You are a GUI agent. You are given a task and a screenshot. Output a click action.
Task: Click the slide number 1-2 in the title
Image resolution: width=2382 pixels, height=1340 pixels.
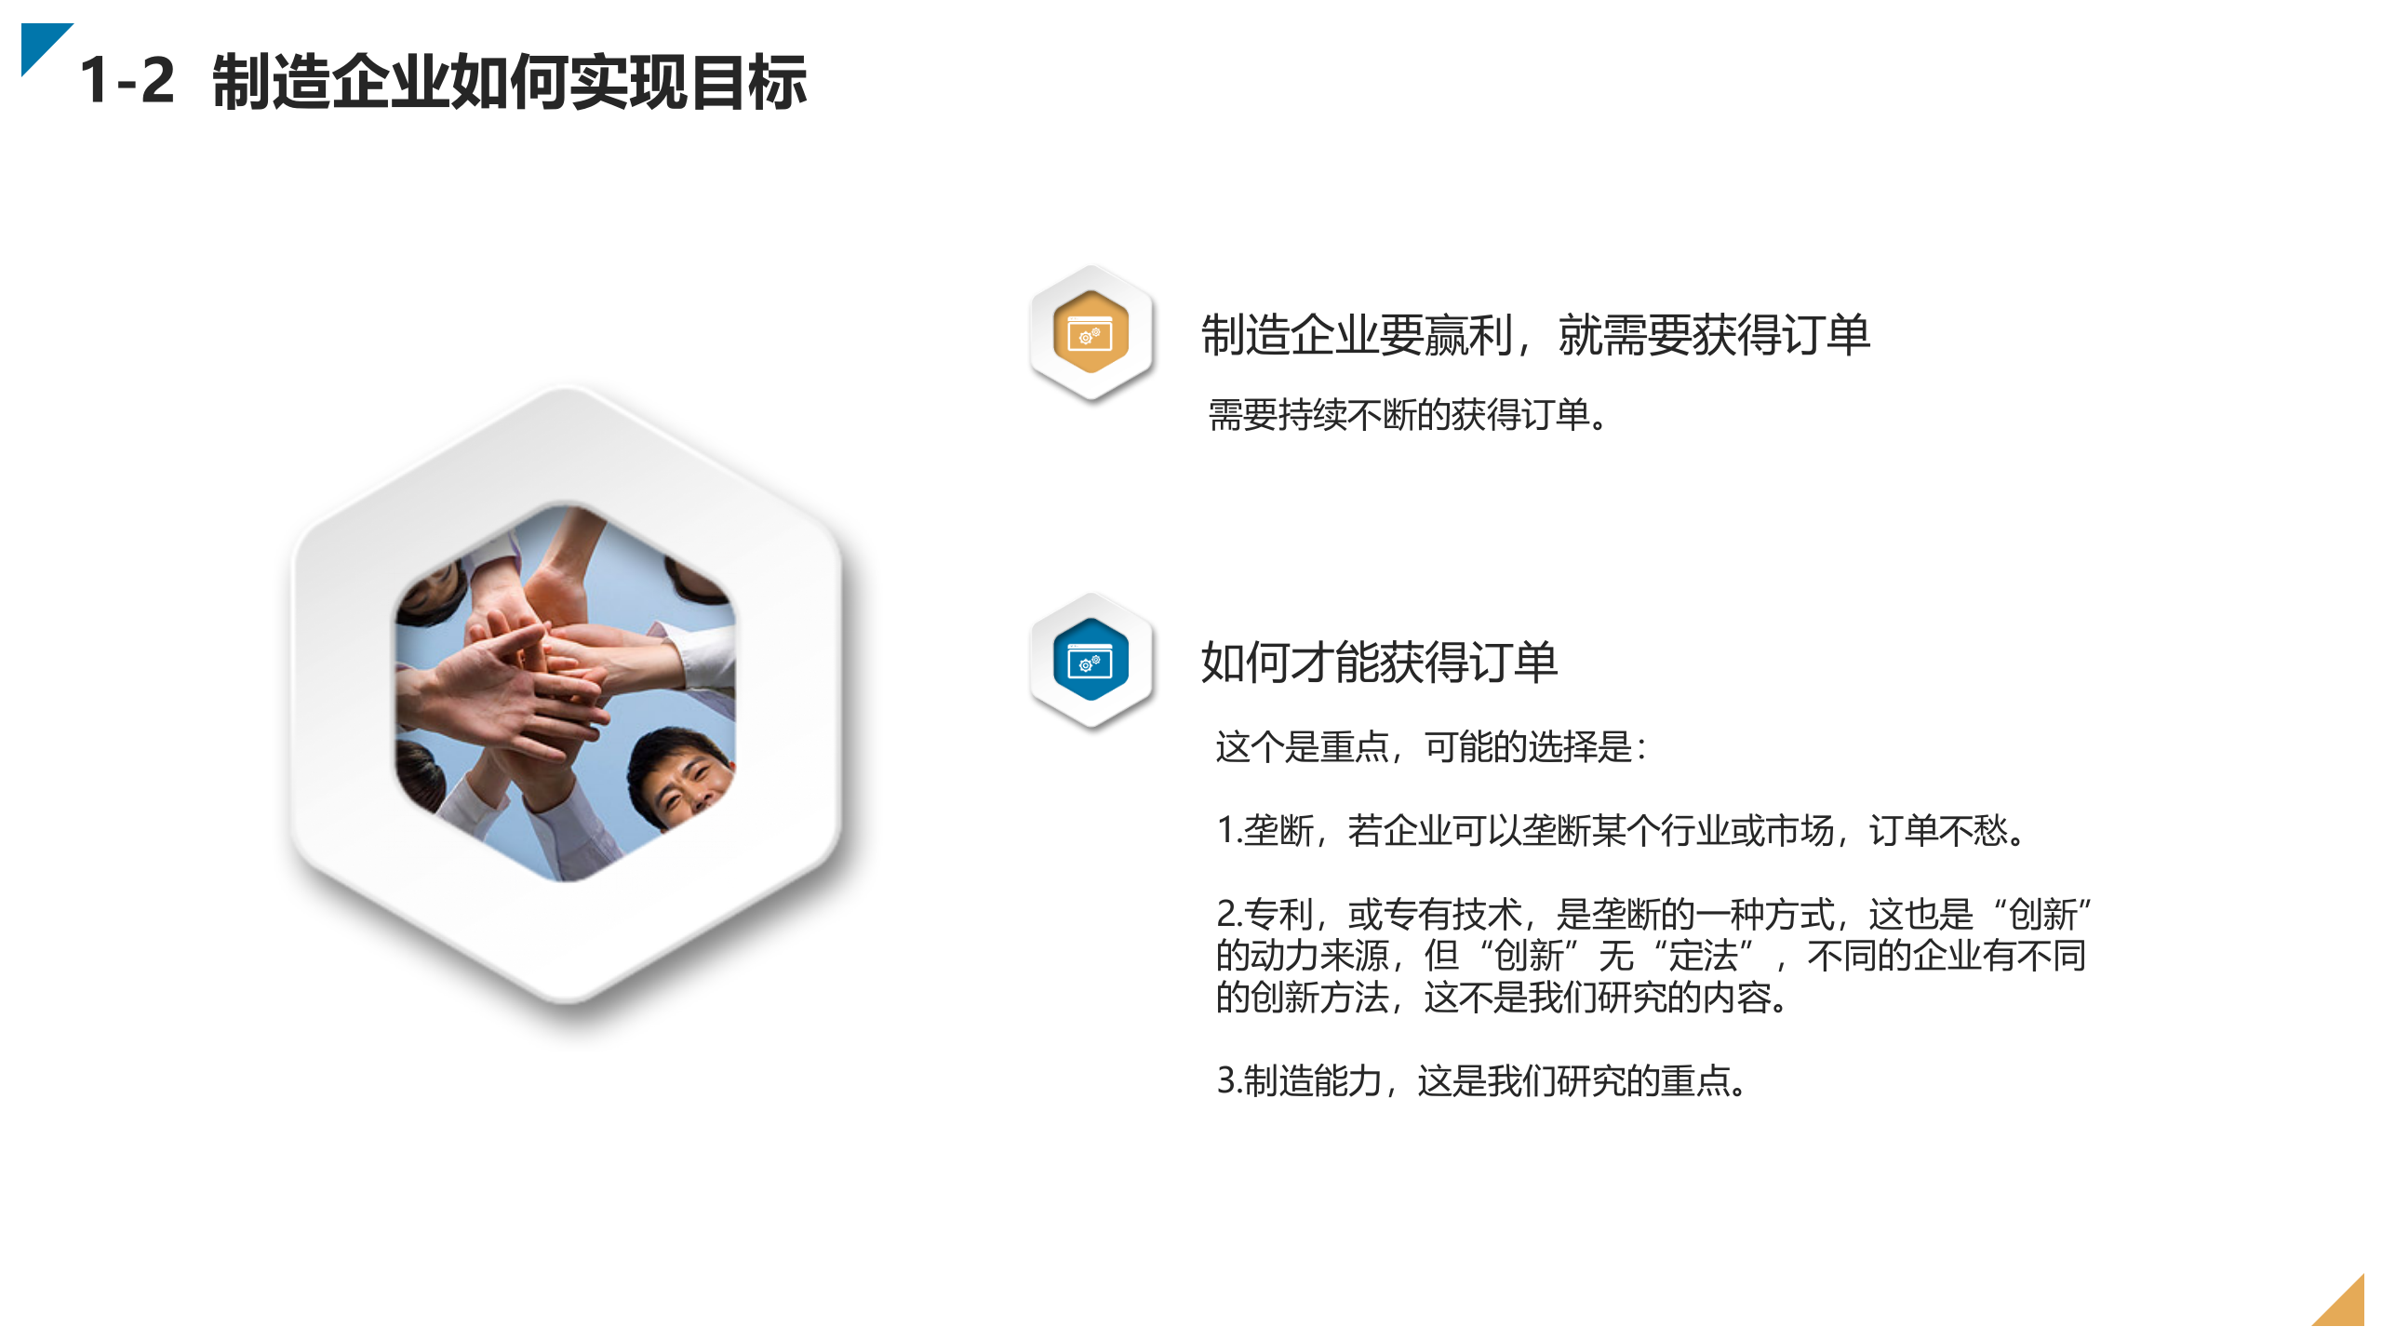(127, 81)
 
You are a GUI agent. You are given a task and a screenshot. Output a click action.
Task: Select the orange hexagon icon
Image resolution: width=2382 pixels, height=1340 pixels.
(1091, 332)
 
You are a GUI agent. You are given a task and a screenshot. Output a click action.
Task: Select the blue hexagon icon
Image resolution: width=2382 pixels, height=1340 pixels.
(1091, 660)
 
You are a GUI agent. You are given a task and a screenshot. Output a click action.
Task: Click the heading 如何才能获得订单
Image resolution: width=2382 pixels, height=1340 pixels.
(1379, 663)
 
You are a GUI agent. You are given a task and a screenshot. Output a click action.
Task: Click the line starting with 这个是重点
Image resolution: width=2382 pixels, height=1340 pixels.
(1431, 747)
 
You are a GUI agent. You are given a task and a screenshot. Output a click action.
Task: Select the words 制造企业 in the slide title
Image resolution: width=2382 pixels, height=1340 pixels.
(329, 82)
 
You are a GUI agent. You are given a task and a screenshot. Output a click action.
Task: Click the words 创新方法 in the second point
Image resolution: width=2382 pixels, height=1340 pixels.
(1321, 998)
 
